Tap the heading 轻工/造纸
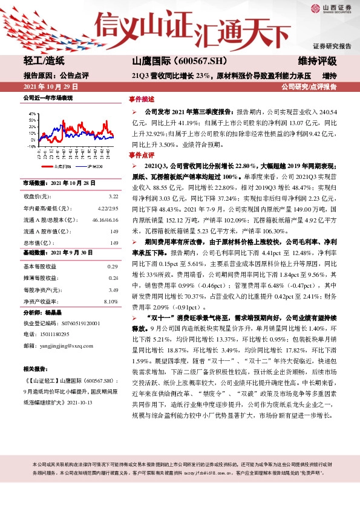[x=44, y=61]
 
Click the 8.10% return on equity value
[x=111, y=301]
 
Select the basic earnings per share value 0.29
[x=113, y=267]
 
